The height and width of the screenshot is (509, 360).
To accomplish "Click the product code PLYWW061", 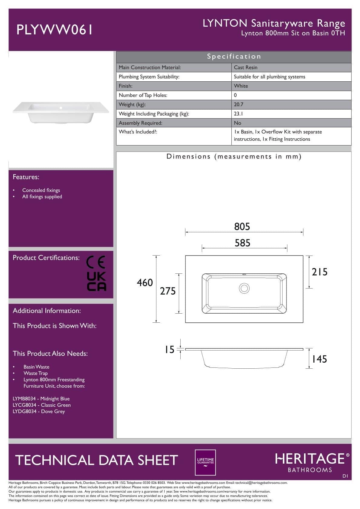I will [x=54, y=30].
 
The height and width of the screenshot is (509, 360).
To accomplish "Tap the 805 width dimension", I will [x=242, y=227].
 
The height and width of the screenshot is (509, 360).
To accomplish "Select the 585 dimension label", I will [x=242, y=243].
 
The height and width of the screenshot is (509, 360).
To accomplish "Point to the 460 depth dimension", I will [x=145, y=282].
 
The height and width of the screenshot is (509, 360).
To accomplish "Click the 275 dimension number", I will [x=168, y=291].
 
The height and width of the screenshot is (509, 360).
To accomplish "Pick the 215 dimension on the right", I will [x=319, y=272].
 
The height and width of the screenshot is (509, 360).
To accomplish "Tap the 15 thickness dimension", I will [x=169, y=350].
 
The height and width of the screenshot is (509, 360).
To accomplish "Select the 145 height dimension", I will [x=319, y=359].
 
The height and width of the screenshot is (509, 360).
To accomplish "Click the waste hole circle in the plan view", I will [x=244, y=288].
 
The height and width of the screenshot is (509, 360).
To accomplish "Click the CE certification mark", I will [x=96, y=262].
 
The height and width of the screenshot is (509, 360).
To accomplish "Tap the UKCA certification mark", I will [x=97, y=281].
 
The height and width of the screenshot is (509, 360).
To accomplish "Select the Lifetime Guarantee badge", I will [x=205, y=462].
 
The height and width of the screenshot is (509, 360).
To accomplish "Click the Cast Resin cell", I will [x=246, y=67].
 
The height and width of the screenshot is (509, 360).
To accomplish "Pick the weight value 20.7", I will [x=238, y=104].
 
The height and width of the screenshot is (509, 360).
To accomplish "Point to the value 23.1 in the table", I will [x=238, y=114].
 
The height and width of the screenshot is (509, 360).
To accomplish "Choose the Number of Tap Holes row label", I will [x=143, y=95].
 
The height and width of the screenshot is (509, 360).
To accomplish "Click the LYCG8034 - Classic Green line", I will [x=42, y=405].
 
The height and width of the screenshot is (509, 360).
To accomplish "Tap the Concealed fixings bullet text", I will [x=41, y=190].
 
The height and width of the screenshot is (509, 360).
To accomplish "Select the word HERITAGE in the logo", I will [x=310, y=459].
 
